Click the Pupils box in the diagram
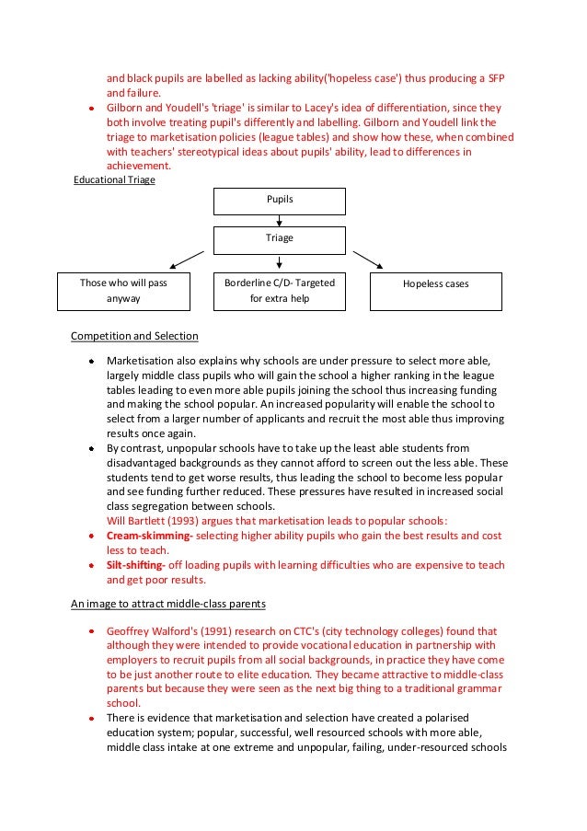279,201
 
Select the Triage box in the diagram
279,239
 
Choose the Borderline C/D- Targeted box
280,290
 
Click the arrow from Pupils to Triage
279,220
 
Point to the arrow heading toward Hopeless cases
368,259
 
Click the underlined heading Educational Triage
114,179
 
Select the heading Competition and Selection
134,335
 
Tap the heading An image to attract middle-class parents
168,605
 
